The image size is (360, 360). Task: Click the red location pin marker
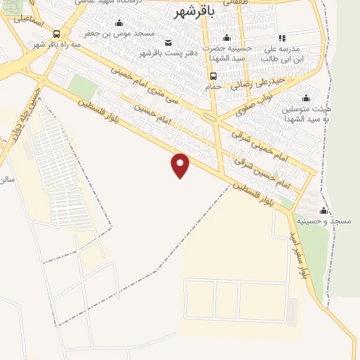tap(181, 165)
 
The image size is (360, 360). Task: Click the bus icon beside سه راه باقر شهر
tap(56, 34)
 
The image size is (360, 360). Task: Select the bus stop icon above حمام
tap(213, 76)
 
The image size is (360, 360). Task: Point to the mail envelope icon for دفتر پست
tap(166, 43)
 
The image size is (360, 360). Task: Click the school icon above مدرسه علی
tap(282, 38)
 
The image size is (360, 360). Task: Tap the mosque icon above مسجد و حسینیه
tap(324, 210)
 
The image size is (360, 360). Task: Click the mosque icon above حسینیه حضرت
tap(226, 38)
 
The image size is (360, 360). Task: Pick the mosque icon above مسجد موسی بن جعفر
tap(117, 22)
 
